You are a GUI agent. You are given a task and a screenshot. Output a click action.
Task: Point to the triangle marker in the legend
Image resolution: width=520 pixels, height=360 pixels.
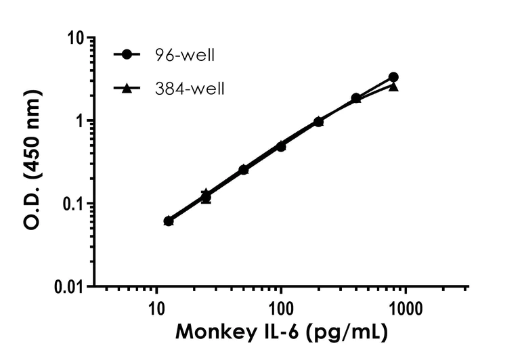coord(127,87)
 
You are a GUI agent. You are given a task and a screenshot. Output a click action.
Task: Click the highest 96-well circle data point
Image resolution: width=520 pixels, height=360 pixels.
coord(393,77)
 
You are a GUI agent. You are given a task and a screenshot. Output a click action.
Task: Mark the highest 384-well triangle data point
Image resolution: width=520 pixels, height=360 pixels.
coord(393,87)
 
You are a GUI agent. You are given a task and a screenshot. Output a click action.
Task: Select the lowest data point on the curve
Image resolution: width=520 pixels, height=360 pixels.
coord(169,221)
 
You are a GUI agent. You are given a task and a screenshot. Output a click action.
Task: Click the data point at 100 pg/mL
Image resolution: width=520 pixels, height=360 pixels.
coord(281,145)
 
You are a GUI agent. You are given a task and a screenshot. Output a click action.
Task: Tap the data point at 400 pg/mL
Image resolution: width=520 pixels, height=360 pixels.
coord(356,98)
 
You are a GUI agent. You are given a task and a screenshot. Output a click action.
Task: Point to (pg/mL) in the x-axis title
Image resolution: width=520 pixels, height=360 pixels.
coord(348,333)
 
